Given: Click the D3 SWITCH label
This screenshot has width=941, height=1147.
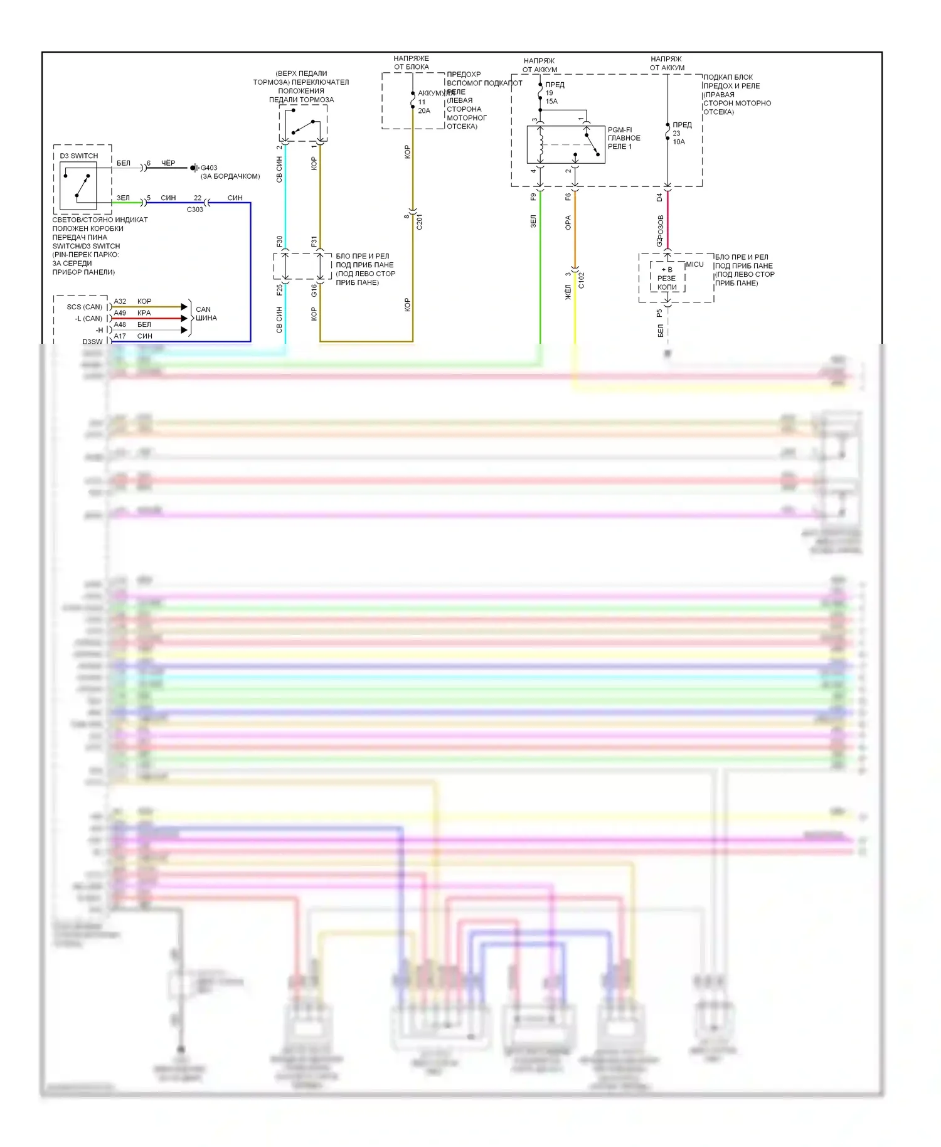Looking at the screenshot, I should pyautogui.click(x=79, y=156).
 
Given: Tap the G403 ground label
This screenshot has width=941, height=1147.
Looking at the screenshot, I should pyautogui.click(x=209, y=168).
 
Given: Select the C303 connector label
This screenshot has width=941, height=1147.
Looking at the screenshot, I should pyautogui.click(x=195, y=210).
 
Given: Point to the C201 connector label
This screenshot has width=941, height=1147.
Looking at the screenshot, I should pyautogui.click(x=420, y=221).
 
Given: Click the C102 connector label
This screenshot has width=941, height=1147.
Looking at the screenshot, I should pyautogui.click(x=582, y=280).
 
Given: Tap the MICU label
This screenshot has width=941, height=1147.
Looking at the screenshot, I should pyautogui.click(x=694, y=264).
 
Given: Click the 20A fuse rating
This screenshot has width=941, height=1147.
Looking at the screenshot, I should pyautogui.click(x=424, y=111).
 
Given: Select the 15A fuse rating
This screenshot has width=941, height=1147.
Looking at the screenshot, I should pyautogui.click(x=551, y=102).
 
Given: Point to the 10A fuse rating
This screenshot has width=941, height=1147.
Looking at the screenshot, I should pyautogui.click(x=679, y=142).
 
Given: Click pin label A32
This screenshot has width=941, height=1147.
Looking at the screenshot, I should pyautogui.click(x=120, y=301).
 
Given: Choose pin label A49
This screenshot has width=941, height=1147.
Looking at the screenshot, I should pyautogui.click(x=120, y=312).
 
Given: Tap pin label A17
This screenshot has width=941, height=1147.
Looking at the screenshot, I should pyautogui.click(x=120, y=336).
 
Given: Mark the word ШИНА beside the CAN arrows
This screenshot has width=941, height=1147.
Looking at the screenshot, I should pyautogui.click(x=206, y=318).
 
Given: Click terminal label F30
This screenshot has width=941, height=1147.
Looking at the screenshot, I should pyautogui.click(x=280, y=241).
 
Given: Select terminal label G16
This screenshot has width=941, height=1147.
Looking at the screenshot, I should pyautogui.click(x=314, y=291).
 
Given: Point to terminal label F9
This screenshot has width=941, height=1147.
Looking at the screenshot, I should pyautogui.click(x=533, y=197).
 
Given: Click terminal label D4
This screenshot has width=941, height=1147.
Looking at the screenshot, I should pyautogui.click(x=659, y=197).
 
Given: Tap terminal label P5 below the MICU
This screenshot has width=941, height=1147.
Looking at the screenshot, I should pyautogui.click(x=659, y=312).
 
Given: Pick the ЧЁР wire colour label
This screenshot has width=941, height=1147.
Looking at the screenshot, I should pyautogui.click(x=168, y=163).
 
